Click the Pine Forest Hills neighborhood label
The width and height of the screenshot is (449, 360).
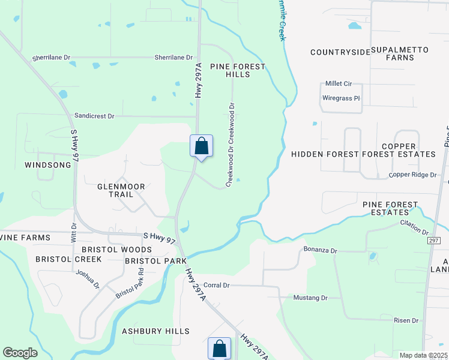[237, 70]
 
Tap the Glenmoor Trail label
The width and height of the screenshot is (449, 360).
[121, 191]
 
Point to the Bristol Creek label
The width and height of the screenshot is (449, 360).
[68, 259]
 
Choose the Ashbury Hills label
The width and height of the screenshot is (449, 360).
[155, 331]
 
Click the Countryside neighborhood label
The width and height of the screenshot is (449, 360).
[340, 52]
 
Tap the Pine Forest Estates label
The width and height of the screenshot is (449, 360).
[390, 209]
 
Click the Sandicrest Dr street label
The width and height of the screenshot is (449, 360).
[94, 115]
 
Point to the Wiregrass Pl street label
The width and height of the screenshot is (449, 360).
[340, 98]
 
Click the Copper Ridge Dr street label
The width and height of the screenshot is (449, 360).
[412, 175]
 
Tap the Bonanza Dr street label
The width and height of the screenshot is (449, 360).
[321, 249]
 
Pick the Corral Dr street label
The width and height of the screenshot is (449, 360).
[217, 285]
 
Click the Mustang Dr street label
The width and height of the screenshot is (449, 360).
[310, 298]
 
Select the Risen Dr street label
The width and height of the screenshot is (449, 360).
[406, 320]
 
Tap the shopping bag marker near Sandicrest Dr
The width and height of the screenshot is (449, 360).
[202, 146]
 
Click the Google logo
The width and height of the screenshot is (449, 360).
[20, 353]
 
